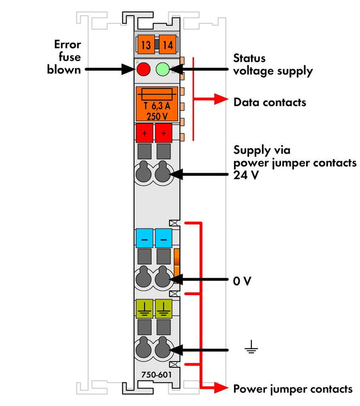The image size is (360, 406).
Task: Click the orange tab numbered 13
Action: coord(146,45)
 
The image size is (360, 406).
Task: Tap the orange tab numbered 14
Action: coord(168,45)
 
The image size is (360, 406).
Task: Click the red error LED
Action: coord(143,69)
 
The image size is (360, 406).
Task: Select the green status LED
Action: coord(163,69)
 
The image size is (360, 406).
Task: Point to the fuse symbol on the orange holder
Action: coord(157,95)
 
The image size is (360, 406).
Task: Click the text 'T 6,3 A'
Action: coord(157,106)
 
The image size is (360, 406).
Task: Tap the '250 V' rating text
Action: coord(157,117)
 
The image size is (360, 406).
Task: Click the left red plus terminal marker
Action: coord(145,133)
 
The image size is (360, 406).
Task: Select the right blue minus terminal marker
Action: coord(164,238)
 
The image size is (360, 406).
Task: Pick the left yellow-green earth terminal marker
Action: coord(145,309)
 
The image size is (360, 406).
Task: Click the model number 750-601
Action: coord(157,375)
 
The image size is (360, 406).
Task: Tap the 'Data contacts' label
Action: coord(269,102)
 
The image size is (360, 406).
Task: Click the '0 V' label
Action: coord(242,281)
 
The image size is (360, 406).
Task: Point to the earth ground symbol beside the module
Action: coord(251,347)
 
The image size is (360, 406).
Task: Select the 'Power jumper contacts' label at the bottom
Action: coord(293,389)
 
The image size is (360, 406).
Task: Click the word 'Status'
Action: coord(249,58)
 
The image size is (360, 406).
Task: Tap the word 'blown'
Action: coord(64,70)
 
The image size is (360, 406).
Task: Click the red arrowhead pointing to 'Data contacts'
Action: coord(221,99)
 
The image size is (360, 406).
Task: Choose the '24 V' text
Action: coord(246,175)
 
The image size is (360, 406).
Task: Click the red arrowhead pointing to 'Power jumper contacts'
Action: coord(221,387)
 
